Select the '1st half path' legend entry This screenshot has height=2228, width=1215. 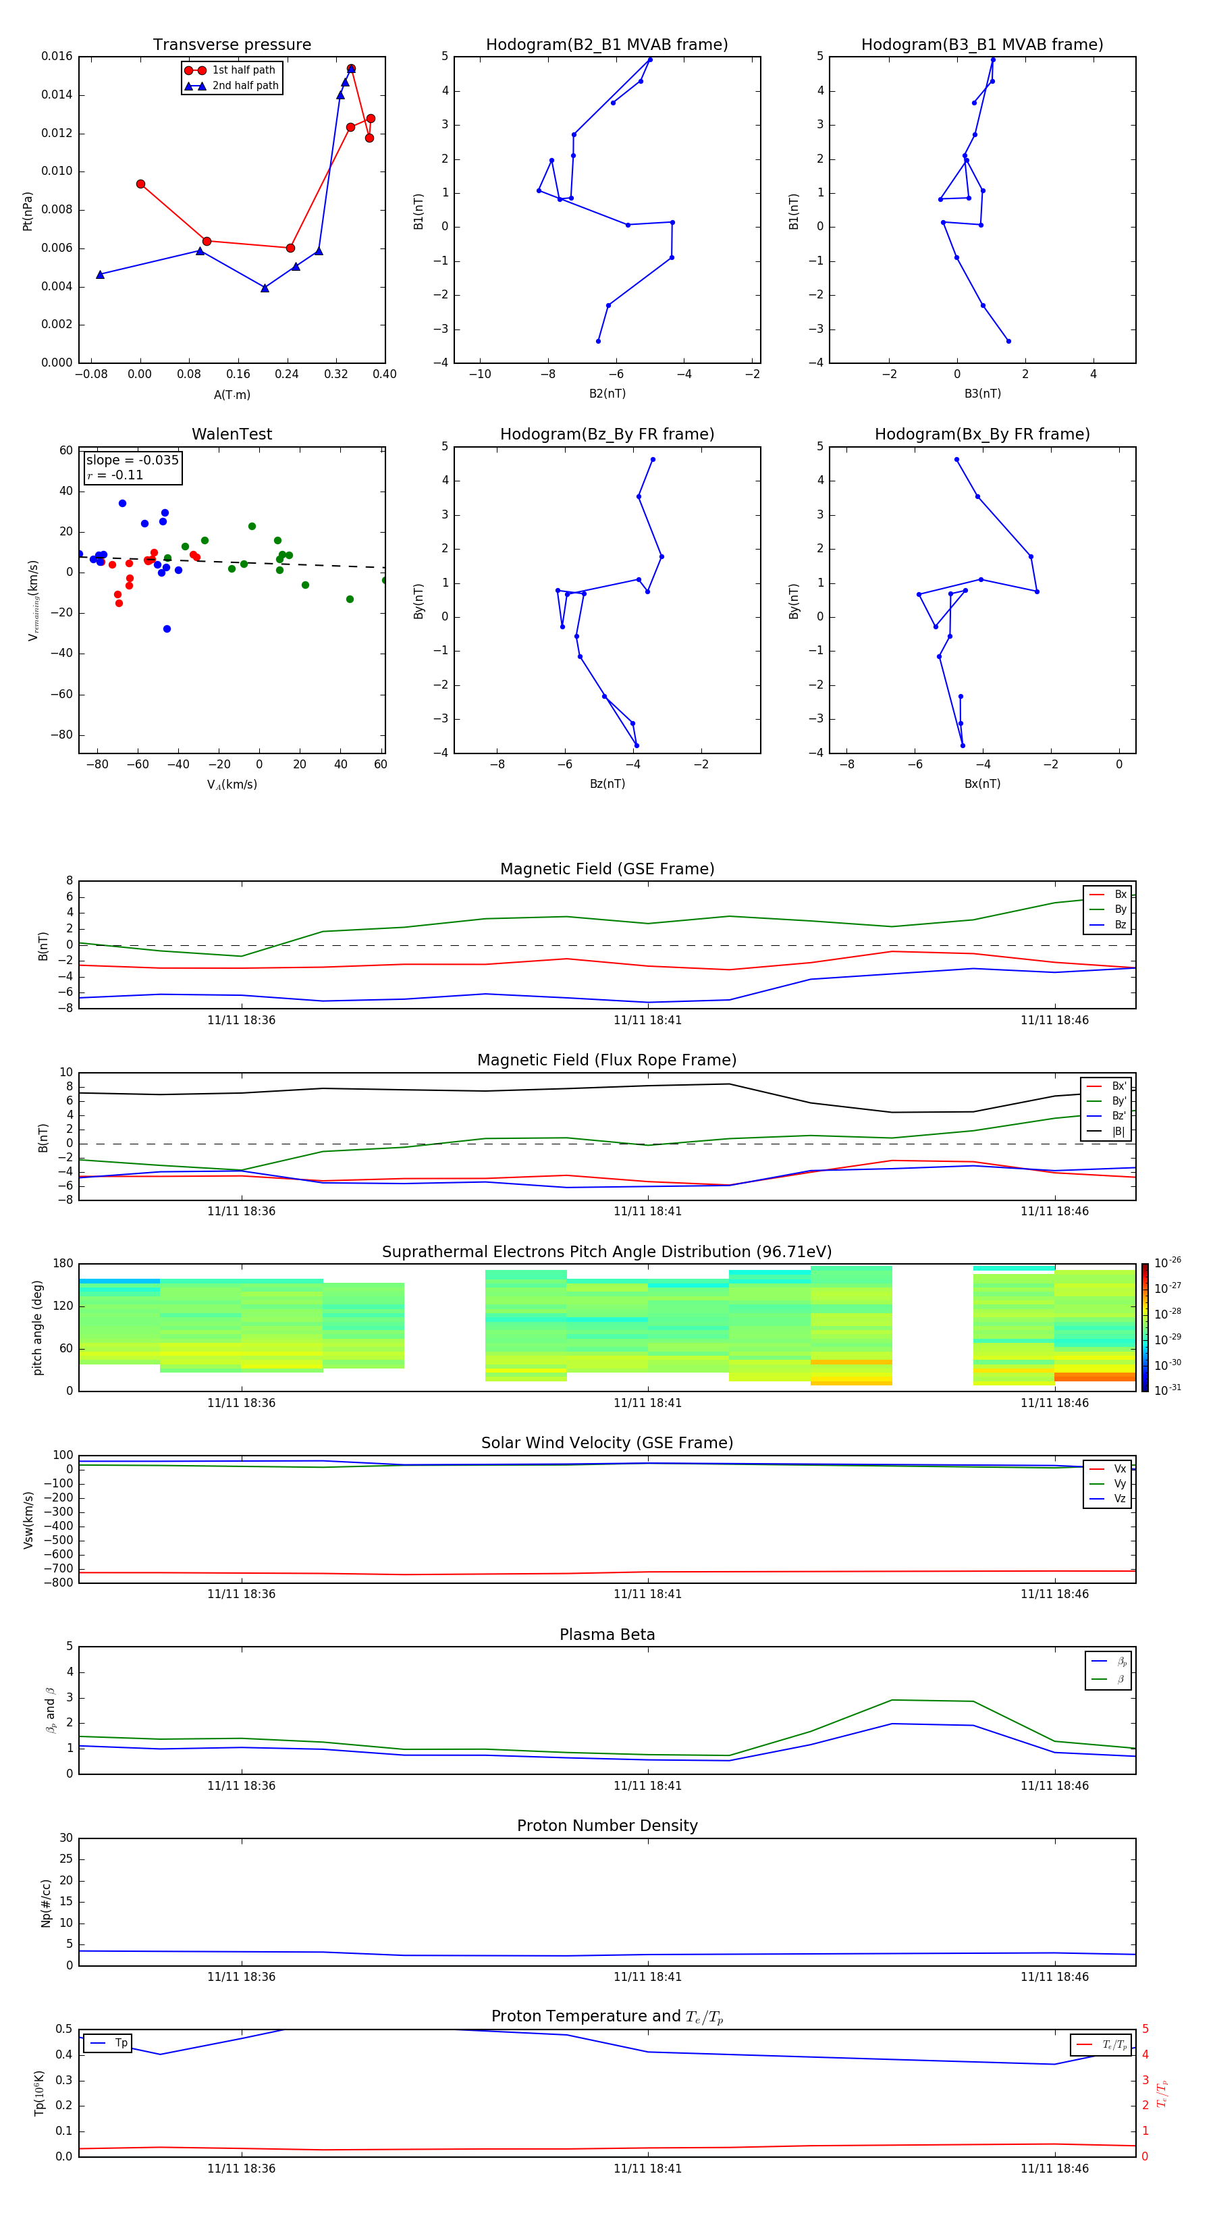tap(243, 70)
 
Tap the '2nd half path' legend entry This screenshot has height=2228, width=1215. tap(245, 86)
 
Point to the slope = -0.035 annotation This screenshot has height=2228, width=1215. tap(132, 460)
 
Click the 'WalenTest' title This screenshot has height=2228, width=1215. tap(232, 434)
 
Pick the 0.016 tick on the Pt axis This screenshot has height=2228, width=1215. tap(57, 56)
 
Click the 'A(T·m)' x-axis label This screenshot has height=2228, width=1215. tap(232, 394)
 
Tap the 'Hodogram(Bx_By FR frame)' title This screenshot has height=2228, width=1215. tap(981, 434)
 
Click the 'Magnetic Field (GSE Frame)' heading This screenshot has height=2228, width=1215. tap(607, 869)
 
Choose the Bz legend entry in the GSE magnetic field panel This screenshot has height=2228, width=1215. tap(1119, 924)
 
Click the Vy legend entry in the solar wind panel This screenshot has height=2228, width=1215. tap(1119, 1483)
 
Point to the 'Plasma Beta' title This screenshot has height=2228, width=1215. tap(607, 1635)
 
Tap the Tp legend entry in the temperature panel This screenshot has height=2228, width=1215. tap(120, 2043)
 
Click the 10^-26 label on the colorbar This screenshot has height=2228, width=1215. tap(1166, 1263)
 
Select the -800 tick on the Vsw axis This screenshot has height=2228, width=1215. tap(59, 1583)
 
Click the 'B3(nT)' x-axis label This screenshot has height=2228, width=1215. tap(981, 394)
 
